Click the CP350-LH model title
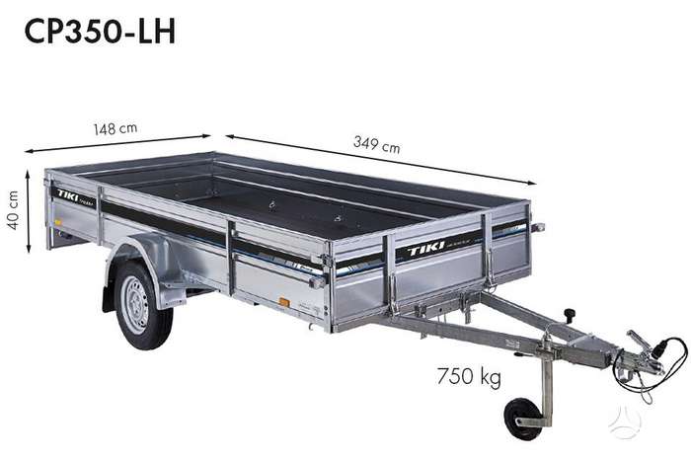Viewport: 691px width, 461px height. coord(100,32)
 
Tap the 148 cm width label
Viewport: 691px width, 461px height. coord(115,128)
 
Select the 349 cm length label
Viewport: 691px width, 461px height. coord(377,145)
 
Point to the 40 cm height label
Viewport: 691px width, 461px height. coord(14,210)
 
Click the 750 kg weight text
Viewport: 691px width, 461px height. coord(469,377)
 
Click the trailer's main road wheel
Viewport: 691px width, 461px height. coord(142,304)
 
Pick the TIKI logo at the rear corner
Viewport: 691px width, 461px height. coord(67,195)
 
